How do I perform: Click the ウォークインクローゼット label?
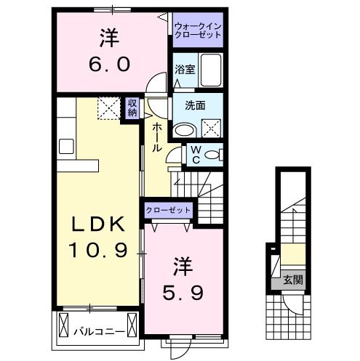(x=197, y=31)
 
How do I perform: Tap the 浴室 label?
(x=183, y=70)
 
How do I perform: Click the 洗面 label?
(x=195, y=105)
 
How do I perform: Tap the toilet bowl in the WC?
(x=212, y=155)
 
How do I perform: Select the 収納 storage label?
(x=132, y=109)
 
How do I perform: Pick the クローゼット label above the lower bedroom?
(x=168, y=210)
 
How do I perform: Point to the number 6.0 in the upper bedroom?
(x=111, y=64)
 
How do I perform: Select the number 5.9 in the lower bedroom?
(x=183, y=293)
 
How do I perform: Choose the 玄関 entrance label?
(x=293, y=278)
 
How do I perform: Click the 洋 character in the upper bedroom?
(x=110, y=37)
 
